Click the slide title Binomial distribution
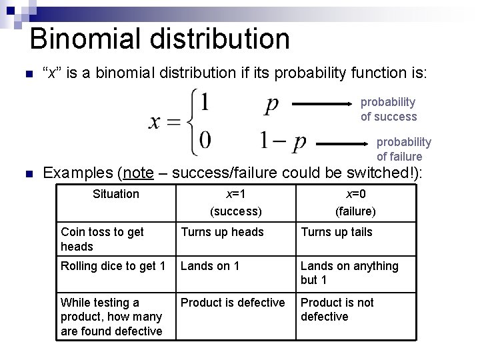point(160,39)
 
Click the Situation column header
point(116,194)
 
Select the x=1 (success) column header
point(235,203)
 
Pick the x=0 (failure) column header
point(355,203)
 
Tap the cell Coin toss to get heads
point(102,239)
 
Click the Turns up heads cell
point(223,232)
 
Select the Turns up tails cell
point(337,232)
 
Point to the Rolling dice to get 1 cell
point(113,266)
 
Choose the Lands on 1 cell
point(210,266)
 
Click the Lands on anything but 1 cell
point(349,273)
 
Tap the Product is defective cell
point(233,303)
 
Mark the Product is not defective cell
point(337,309)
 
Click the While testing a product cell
point(111,317)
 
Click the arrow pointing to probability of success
point(325,104)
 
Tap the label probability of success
point(389,109)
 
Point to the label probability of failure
point(403,149)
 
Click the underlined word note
point(138,173)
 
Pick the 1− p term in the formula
point(283,141)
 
